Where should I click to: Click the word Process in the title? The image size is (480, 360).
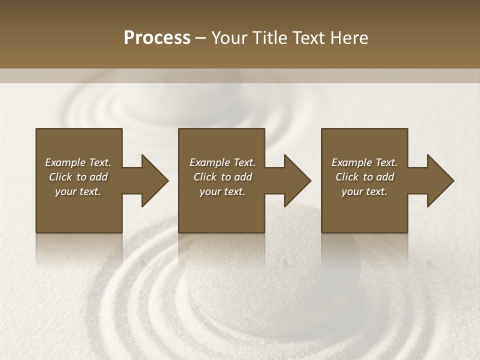tap(157, 37)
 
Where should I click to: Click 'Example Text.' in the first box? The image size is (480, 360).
tap(78, 162)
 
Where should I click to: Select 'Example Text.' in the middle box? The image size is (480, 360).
tap(222, 162)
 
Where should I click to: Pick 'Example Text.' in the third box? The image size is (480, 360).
tap(364, 162)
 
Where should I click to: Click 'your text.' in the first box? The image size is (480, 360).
tap(78, 191)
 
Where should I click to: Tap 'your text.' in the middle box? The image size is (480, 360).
tap(222, 191)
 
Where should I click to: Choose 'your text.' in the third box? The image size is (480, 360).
tap(364, 191)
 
